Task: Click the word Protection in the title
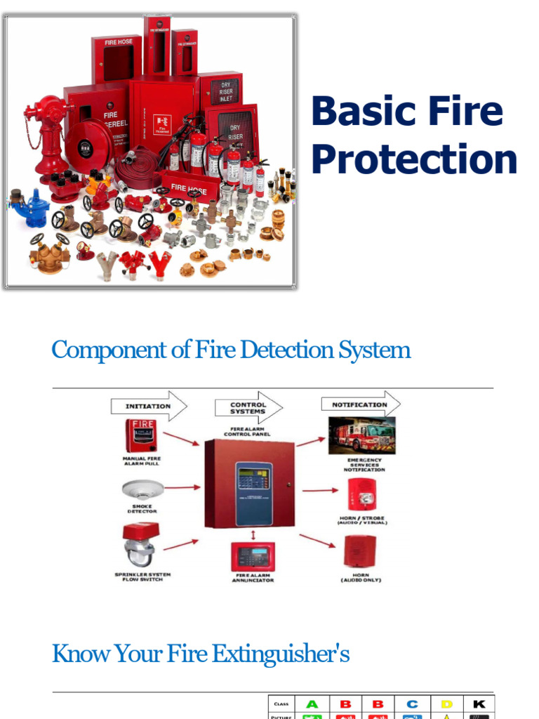[414, 160]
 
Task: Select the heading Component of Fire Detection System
[231, 350]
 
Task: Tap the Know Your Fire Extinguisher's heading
[201, 654]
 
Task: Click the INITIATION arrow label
[148, 406]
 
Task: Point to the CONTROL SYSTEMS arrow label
[248, 408]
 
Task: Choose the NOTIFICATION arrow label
[359, 404]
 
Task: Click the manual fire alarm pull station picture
[141, 436]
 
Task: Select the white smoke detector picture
[142, 489]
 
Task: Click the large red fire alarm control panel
[249, 484]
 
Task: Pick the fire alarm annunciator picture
[253, 557]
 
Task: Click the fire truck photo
[362, 435]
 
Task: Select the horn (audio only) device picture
[361, 551]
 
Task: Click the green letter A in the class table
[312, 704]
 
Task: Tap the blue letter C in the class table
[412, 704]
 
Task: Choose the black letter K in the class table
[479, 704]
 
